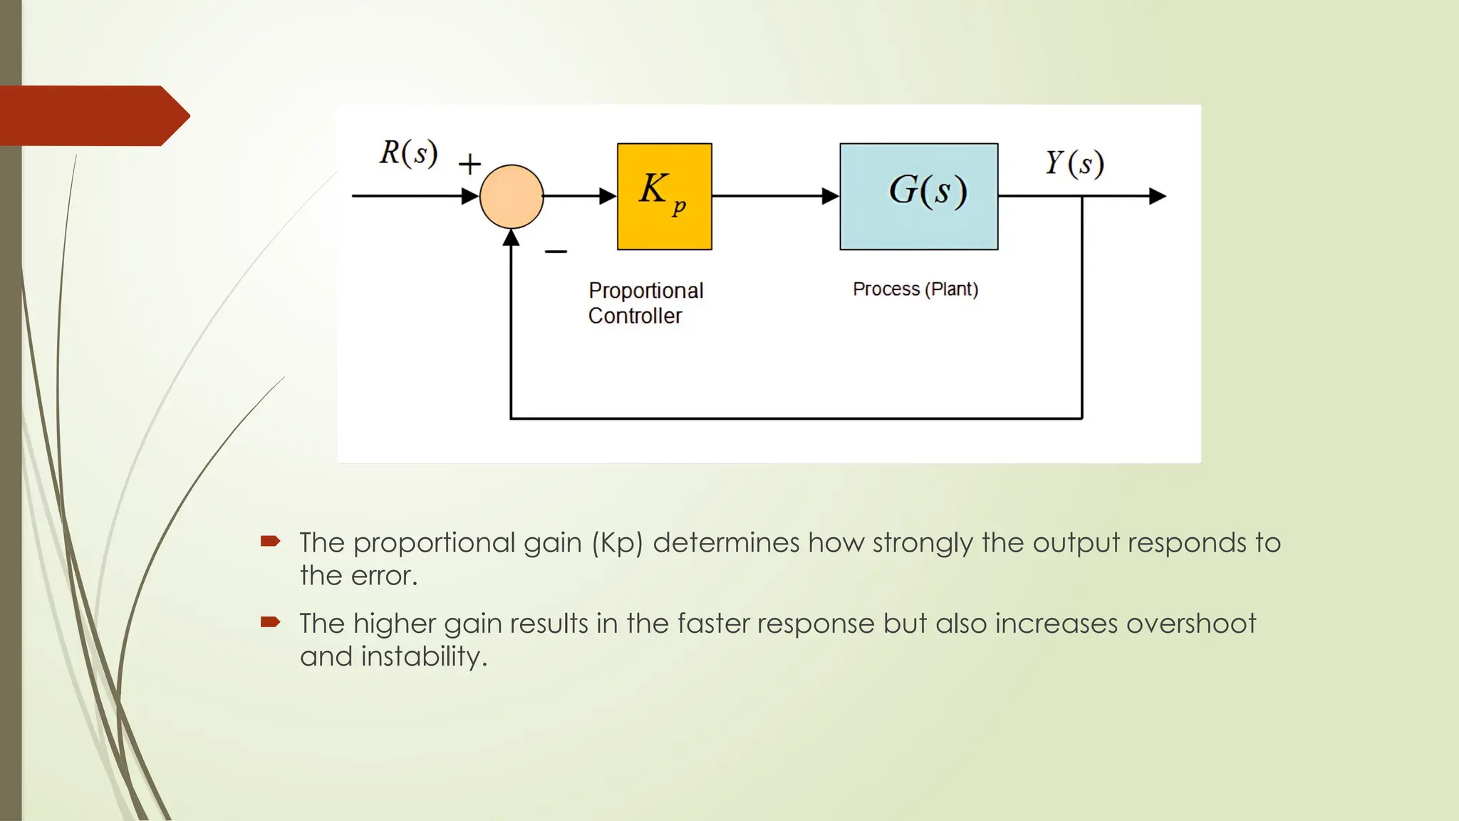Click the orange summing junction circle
(x=512, y=197)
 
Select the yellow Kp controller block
(x=664, y=196)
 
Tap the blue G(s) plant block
(x=918, y=196)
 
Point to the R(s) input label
(x=408, y=153)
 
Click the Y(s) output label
(x=1074, y=163)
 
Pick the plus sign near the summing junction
(x=469, y=165)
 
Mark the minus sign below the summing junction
(x=556, y=252)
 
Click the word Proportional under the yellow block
(x=645, y=291)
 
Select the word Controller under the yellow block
(x=635, y=316)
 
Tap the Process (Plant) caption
(x=915, y=289)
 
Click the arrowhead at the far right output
(x=1158, y=196)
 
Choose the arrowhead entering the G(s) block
(x=831, y=196)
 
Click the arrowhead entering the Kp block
(x=608, y=196)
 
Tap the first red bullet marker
(x=270, y=542)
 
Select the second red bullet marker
(x=270, y=622)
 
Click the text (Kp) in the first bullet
(x=617, y=543)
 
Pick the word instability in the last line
(x=424, y=656)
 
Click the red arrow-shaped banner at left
(x=93, y=115)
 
